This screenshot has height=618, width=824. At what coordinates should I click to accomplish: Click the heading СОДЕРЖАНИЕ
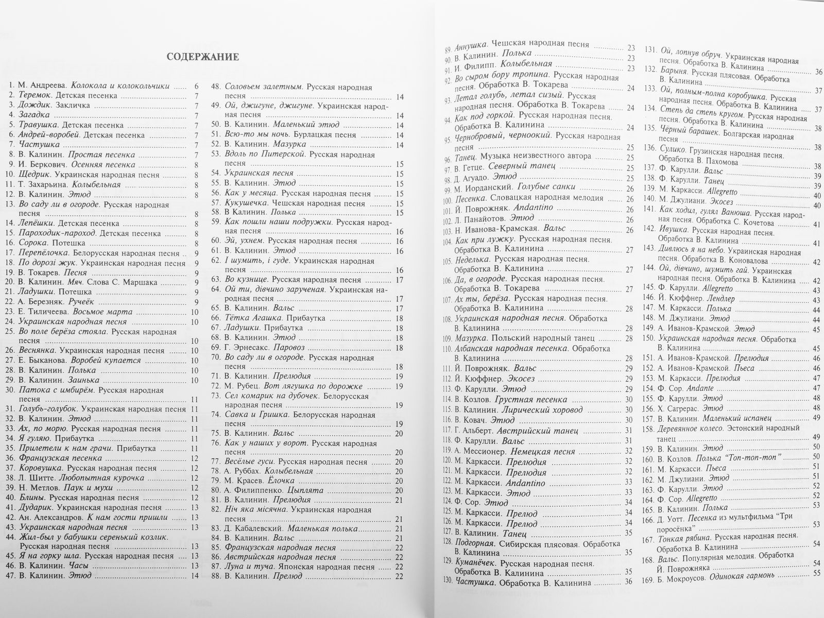coord(202,57)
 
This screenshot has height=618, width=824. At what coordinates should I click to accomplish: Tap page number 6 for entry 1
coord(196,86)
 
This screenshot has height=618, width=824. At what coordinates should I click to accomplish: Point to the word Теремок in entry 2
coord(35,96)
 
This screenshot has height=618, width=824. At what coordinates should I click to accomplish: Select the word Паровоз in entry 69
coord(288,348)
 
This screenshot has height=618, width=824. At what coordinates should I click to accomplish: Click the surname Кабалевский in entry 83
coord(259,528)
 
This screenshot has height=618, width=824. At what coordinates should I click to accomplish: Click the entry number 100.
coord(448,198)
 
